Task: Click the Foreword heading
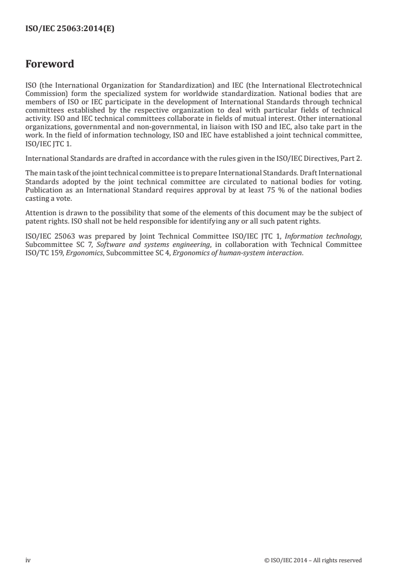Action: point(50,64)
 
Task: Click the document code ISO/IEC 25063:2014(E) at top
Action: point(70,30)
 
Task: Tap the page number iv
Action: point(28,560)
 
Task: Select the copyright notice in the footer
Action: point(313,560)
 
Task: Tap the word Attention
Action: point(41,181)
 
